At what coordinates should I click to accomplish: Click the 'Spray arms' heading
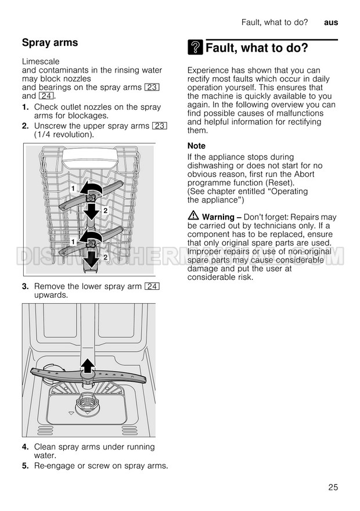(x=50, y=42)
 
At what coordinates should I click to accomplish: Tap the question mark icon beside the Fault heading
(x=195, y=48)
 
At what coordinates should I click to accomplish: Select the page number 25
(x=333, y=487)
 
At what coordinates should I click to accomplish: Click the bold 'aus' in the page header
(x=331, y=22)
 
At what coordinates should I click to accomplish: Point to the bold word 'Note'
(x=196, y=146)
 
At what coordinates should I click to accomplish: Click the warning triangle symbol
(x=193, y=217)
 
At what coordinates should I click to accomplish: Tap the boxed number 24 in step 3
(x=153, y=286)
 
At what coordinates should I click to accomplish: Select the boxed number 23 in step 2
(x=160, y=126)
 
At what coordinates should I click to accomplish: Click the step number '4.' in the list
(x=26, y=447)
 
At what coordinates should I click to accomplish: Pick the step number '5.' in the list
(x=26, y=466)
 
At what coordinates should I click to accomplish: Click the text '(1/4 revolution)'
(x=64, y=135)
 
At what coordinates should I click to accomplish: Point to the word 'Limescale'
(x=41, y=61)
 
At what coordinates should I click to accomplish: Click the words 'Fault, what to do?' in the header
(x=274, y=22)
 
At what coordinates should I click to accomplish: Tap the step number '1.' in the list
(x=26, y=107)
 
